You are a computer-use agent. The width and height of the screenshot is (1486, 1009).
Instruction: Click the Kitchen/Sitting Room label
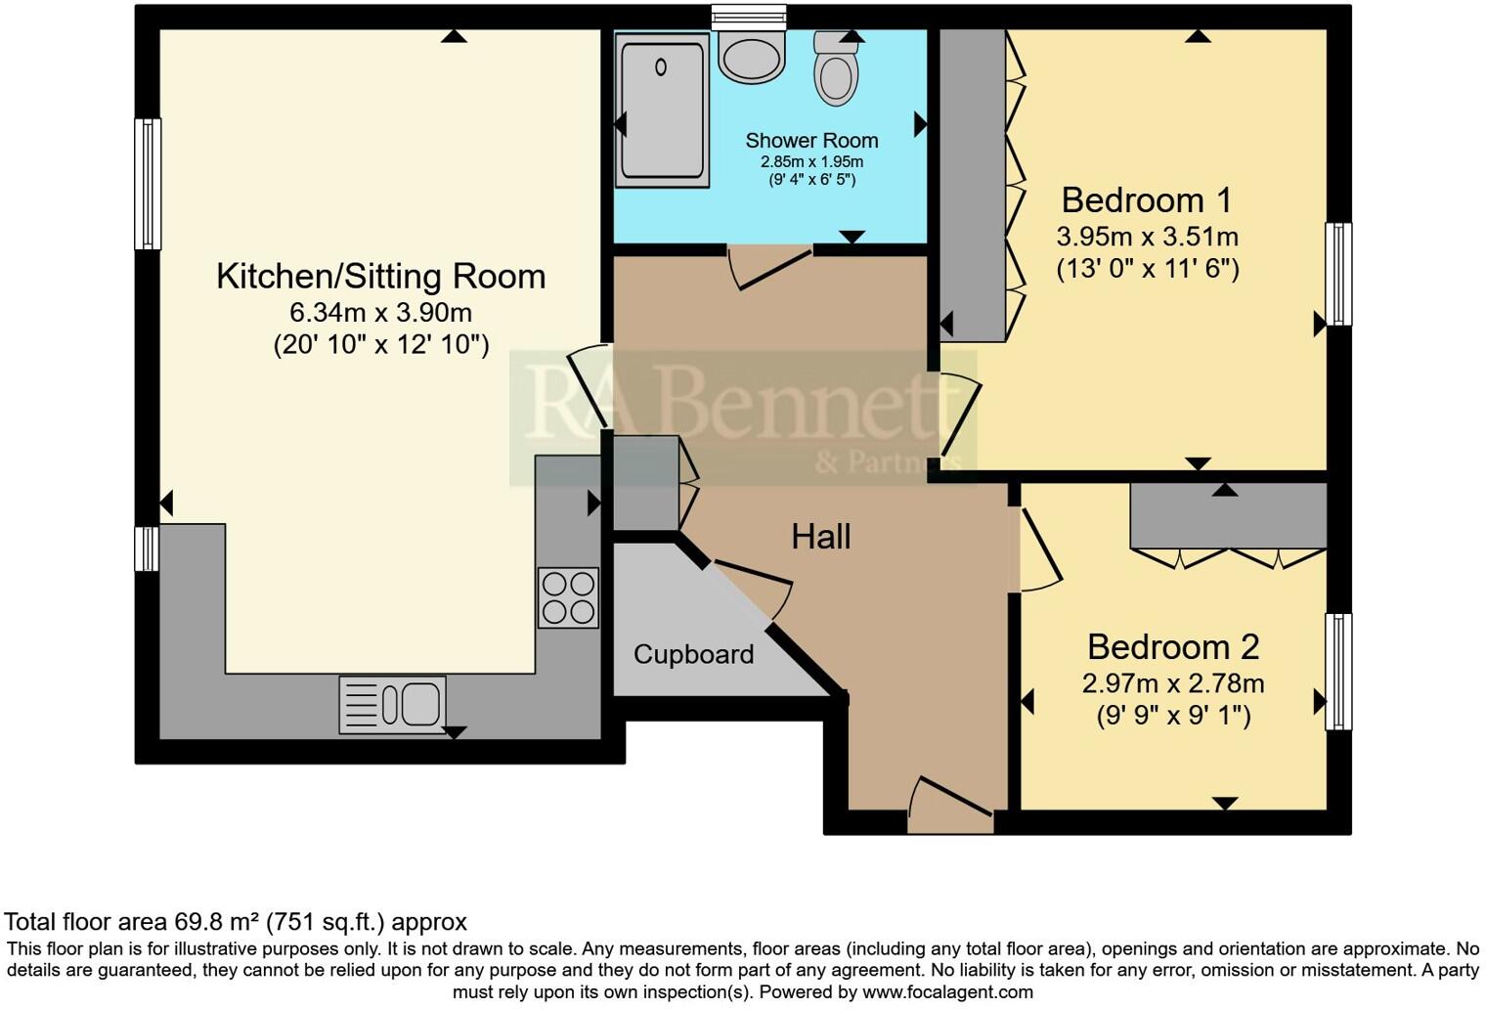[380, 277]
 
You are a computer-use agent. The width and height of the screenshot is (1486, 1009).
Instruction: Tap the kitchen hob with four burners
[568, 597]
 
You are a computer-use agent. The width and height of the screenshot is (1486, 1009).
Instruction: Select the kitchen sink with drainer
[392, 704]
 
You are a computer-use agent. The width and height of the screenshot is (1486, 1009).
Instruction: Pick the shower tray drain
[661, 67]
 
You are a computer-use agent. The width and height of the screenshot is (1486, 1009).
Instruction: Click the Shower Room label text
[811, 141]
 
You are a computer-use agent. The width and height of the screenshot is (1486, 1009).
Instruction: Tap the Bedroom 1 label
[1147, 200]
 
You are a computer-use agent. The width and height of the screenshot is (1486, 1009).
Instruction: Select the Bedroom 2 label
[1173, 647]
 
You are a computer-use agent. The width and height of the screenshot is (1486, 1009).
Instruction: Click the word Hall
[820, 537]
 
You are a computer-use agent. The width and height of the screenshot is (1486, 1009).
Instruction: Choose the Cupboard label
[693, 655]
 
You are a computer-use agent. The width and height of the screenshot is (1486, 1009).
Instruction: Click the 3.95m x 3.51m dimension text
[1147, 237]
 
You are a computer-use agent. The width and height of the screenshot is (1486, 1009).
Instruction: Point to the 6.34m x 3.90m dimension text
[380, 313]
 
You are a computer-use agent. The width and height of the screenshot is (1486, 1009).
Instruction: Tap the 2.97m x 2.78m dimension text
[1173, 683]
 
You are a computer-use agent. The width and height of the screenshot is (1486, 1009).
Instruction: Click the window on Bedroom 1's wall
[1337, 274]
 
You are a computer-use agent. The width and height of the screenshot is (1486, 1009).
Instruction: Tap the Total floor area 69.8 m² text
[236, 922]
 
